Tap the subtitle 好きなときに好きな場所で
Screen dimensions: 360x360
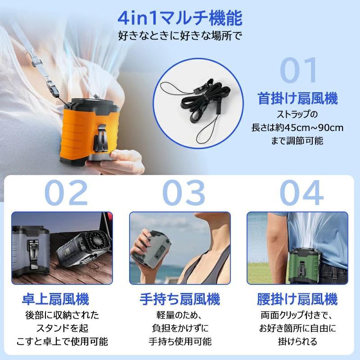pos(180,35)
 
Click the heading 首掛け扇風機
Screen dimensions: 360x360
pos(297,98)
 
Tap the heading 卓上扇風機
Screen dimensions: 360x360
pos(62,299)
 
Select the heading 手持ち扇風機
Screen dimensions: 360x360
pos(180,299)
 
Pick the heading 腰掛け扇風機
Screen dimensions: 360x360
pos(297,299)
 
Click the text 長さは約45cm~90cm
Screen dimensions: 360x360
pos(297,127)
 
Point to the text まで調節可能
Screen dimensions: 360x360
pos(297,141)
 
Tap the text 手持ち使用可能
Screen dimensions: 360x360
pos(180,341)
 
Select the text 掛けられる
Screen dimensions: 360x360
pos(297,341)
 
